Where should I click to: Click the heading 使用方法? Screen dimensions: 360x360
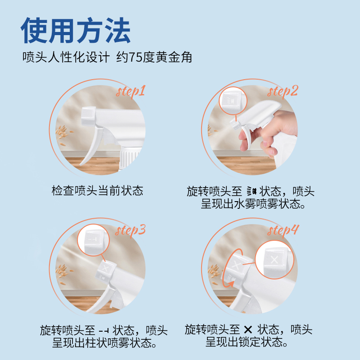pyautogui.click(x=76, y=30)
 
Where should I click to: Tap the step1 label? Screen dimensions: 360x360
pyautogui.click(x=130, y=92)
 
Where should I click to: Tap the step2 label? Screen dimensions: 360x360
pyautogui.click(x=283, y=92)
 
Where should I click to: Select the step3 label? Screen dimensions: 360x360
pyautogui.click(x=130, y=230)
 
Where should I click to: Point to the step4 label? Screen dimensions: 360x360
pyautogui.click(x=283, y=230)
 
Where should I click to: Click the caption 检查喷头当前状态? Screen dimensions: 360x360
pyautogui.click(x=97, y=190)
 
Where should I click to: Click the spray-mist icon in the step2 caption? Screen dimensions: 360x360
pyautogui.click(x=252, y=191)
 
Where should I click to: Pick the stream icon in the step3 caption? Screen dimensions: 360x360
pyautogui.click(x=104, y=331)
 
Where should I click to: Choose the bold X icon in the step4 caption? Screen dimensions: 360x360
pyautogui.click(x=248, y=330)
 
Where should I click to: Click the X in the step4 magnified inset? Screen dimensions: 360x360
pyautogui.click(x=274, y=260)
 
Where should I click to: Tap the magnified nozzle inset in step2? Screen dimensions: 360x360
pyautogui.click(x=233, y=101)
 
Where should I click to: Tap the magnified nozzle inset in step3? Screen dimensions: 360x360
pyautogui.click(x=94, y=240)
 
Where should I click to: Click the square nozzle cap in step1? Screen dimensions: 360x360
pyautogui.click(x=89, y=116)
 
